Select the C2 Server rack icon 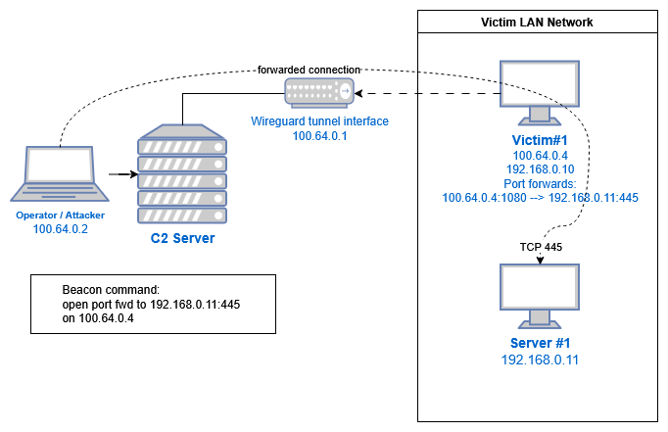coord(181,175)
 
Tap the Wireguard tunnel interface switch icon coord(317,93)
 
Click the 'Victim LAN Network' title coord(537,22)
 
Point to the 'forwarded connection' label coord(310,71)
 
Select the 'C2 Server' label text coord(181,238)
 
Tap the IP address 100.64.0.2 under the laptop coord(60,229)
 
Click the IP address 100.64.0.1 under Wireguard coord(320,136)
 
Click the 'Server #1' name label coord(540,343)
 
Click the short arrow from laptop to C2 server coord(119,175)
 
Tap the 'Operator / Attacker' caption coord(60,215)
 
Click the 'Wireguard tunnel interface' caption coord(320,121)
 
